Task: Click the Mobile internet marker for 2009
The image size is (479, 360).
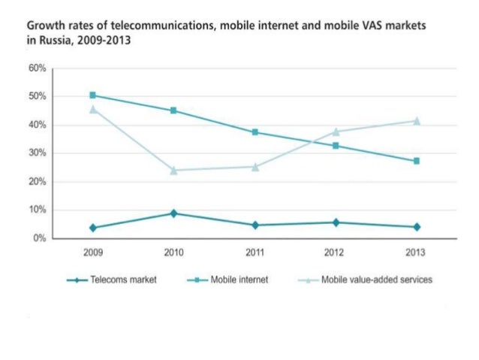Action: pyautogui.click(x=92, y=95)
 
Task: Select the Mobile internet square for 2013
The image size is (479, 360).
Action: pyautogui.click(x=416, y=161)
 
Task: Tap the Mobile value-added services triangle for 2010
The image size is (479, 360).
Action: pyautogui.click(x=173, y=170)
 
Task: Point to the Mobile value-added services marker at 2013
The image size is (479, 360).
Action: pyautogui.click(x=416, y=120)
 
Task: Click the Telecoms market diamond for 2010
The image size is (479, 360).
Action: pyautogui.click(x=173, y=213)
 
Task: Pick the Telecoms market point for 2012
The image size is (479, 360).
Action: pyautogui.click(x=335, y=222)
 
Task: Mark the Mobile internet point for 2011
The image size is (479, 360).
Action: pyautogui.click(x=255, y=132)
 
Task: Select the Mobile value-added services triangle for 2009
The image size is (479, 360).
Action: pyautogui.click(x=92, y=109)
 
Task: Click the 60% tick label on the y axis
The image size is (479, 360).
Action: pyautogui.click(x=38, y=68)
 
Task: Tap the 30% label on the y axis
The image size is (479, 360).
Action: pyautogui.click(x=38, y=153)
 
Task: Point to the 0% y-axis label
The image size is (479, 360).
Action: pyautogui.click(x=40, y=238)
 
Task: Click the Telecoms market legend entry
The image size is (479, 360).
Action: pyautogui.click(x=120, y=280)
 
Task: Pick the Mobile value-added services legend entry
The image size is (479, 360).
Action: pyautogui.click(x=375, y=280)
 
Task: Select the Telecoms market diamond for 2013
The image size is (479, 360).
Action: pyautogui.click(x=416, y=227)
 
